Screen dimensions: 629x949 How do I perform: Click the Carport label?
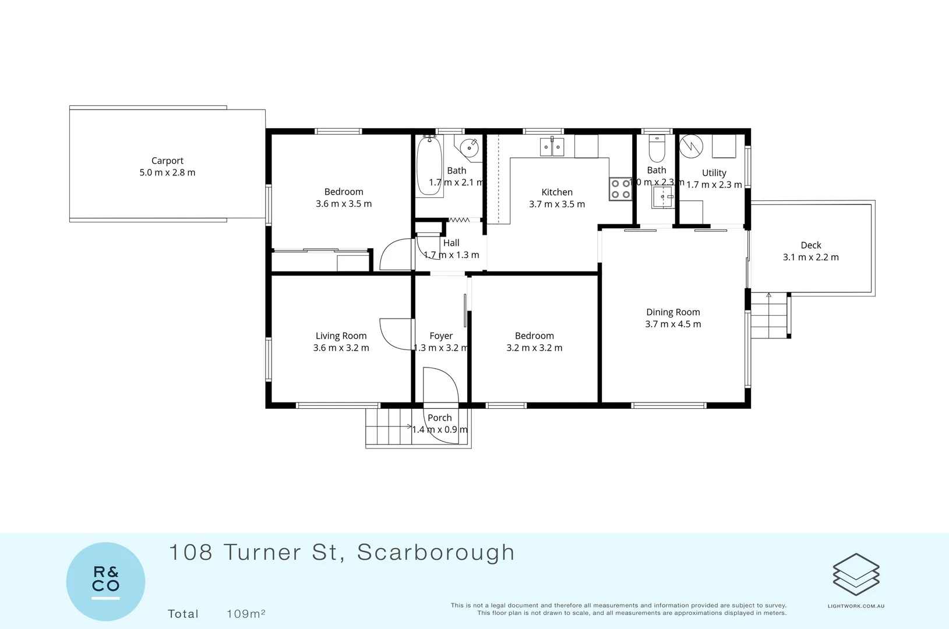tap(167, 161)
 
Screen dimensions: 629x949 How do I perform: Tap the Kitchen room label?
tap(557, 192)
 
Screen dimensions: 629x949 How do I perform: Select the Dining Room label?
tap(673, 312)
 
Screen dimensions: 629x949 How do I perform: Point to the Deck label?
tap(811, 245)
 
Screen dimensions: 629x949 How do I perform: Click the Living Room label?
tap(341, 336)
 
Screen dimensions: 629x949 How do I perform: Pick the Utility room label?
tap(714, 173)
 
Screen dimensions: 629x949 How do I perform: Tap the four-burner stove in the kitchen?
tap(620, 189)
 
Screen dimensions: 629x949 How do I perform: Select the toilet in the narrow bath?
tap(657, 149)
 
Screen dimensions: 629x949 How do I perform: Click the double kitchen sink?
tap(552, 147)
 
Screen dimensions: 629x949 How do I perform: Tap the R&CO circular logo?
tap(105, 581)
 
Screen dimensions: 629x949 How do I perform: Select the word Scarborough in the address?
tap(436, 553)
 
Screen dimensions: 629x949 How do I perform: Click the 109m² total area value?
tap(246, 614)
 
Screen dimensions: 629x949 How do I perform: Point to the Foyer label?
tap(441, 336)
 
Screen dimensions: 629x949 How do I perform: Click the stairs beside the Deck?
tap(770, 315)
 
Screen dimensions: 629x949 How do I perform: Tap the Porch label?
tap(440, 418)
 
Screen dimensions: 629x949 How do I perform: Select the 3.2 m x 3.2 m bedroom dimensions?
tap(534, 348)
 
